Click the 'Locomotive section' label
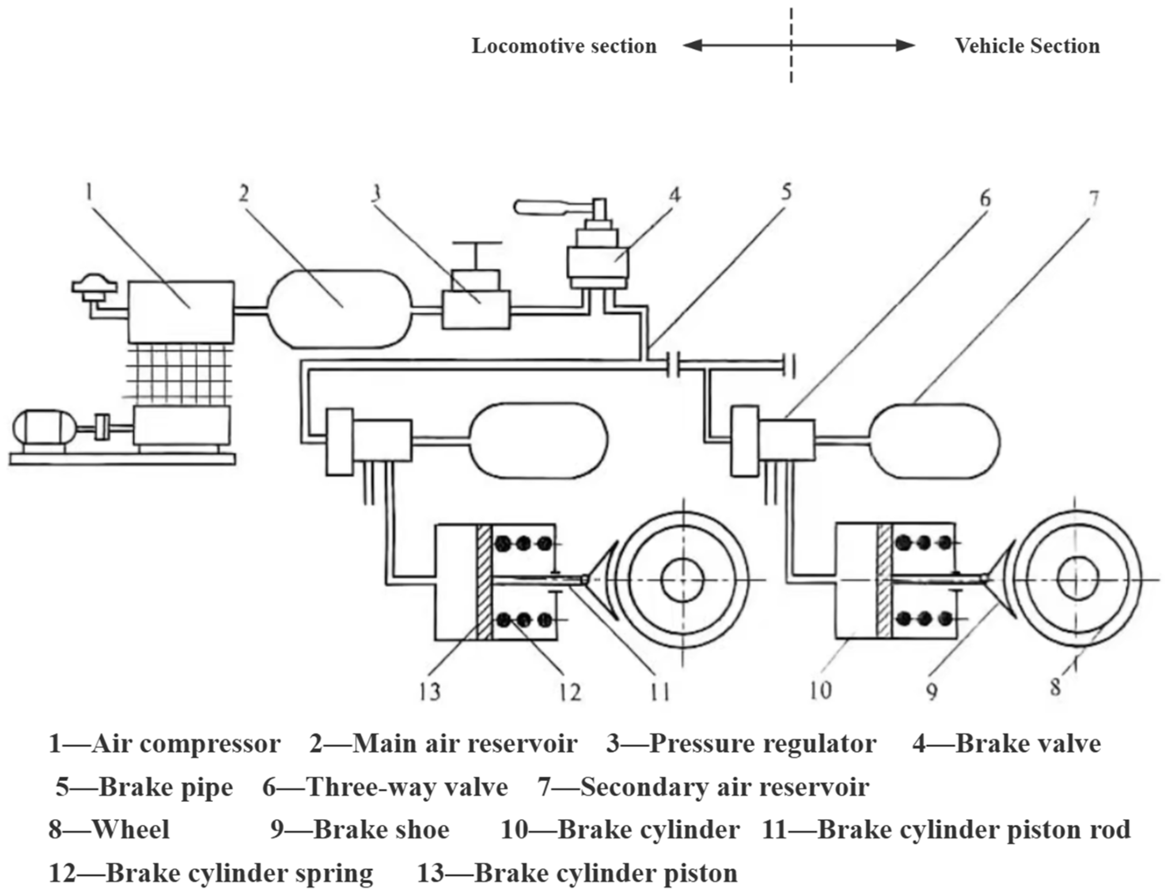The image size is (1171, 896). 564,46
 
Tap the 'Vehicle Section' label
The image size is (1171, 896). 1027,46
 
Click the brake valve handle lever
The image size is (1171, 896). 549,206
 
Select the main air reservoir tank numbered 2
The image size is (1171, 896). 339,309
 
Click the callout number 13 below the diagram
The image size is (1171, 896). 430,691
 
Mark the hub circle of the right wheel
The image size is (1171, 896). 1078,580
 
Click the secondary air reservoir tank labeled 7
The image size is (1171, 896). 935,441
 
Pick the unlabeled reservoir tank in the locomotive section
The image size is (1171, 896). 537,441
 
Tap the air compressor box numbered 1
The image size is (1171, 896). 181,312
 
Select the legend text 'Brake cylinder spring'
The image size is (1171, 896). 239,873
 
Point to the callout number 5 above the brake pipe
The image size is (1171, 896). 787,192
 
